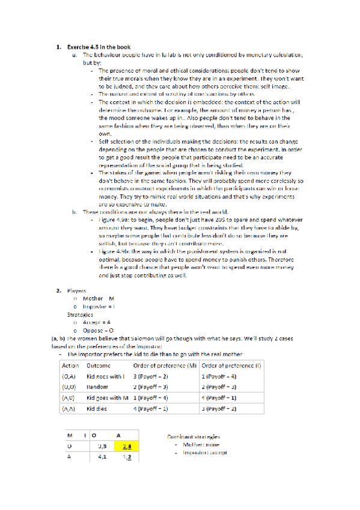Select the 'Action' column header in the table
click(x=70, y=365)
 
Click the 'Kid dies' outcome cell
click(x=99, y=408)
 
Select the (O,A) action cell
click(x=69, y=376)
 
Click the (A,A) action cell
click(x=69, y=408)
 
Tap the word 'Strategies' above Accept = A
click(x=79, y=314)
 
